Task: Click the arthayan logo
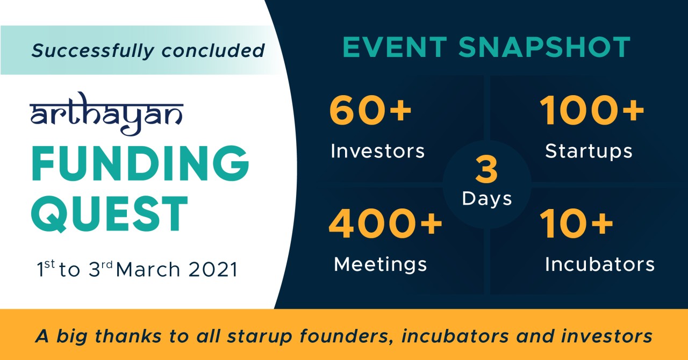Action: (106, 114)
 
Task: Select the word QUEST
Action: (109, 214)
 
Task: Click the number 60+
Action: (370, 110)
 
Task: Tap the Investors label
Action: (378, 151)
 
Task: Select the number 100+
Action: (592, 110)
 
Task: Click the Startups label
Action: (589, 152)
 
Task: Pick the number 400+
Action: (385, 224)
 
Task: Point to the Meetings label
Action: (380, 264)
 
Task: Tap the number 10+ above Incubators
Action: (576, 224)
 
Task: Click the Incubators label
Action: (600, 264)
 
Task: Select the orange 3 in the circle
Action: (486, 170)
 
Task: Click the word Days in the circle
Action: (487, 199)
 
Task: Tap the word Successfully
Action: (92, 51)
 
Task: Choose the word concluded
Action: (213, 51)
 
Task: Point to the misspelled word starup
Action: (260, 336)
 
